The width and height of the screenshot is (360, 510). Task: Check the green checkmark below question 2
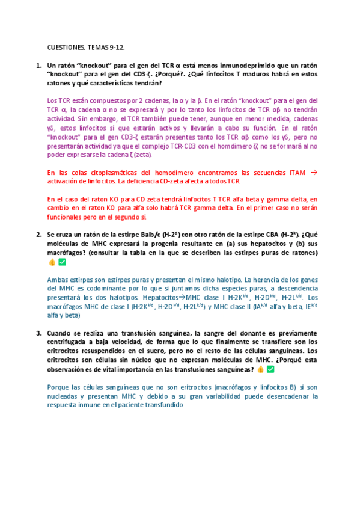(62, 262)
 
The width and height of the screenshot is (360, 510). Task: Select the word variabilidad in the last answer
(218, 396)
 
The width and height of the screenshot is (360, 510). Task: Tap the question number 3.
(38, 333)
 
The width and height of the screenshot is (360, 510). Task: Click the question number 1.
(38, 65)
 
